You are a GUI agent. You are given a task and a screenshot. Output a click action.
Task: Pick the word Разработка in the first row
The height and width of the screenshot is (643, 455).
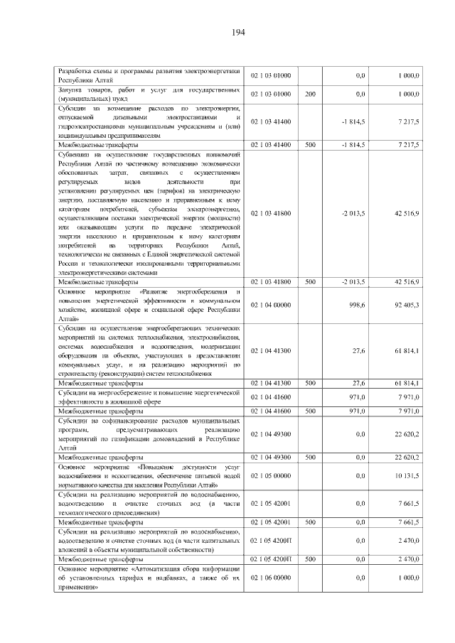click(x=76, y=72)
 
